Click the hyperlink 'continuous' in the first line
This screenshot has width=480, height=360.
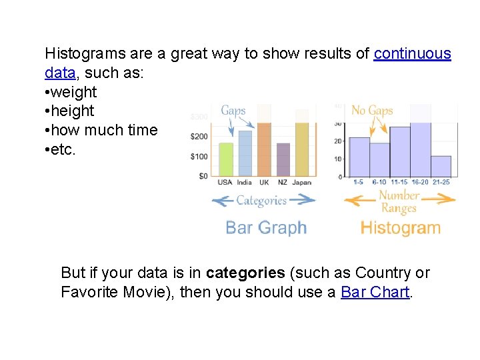(412, 54)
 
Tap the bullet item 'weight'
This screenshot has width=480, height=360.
(74, 92)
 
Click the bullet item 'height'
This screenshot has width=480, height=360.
(73, 111)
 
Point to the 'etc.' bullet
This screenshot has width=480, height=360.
(64, 149)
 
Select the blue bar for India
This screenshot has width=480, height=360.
(245, 153)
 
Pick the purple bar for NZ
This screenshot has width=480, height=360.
(283, 160)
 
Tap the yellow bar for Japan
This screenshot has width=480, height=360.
(302, 149)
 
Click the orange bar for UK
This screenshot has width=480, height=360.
(264, 149)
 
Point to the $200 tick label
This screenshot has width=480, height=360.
(199, 137)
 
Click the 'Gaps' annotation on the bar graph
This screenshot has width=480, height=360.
(233, 111)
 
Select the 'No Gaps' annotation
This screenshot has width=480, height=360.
(372, 111)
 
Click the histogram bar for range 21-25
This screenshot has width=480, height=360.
(441, 166)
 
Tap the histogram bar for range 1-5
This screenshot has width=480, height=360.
(359, 157)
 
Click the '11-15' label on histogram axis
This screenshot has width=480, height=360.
(399, 182)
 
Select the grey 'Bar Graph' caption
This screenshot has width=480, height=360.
(266, 228)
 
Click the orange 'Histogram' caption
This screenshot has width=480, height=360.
(401, 228)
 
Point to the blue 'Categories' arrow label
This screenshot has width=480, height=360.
(261, 200)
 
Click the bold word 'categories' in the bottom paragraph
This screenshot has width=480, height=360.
(245, 273)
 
